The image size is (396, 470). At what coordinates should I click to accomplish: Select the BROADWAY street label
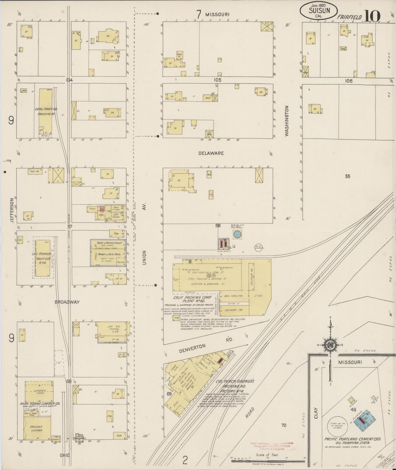coord(67,302)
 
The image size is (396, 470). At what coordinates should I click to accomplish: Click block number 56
coord(218,225)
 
